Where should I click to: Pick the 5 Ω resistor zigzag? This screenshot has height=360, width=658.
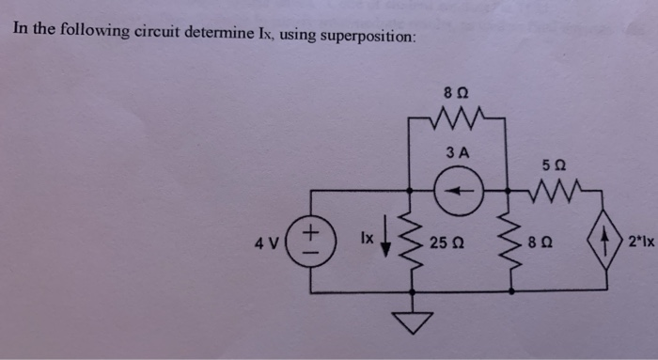point(547,192)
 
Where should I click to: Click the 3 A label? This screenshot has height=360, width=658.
point(459,153)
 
